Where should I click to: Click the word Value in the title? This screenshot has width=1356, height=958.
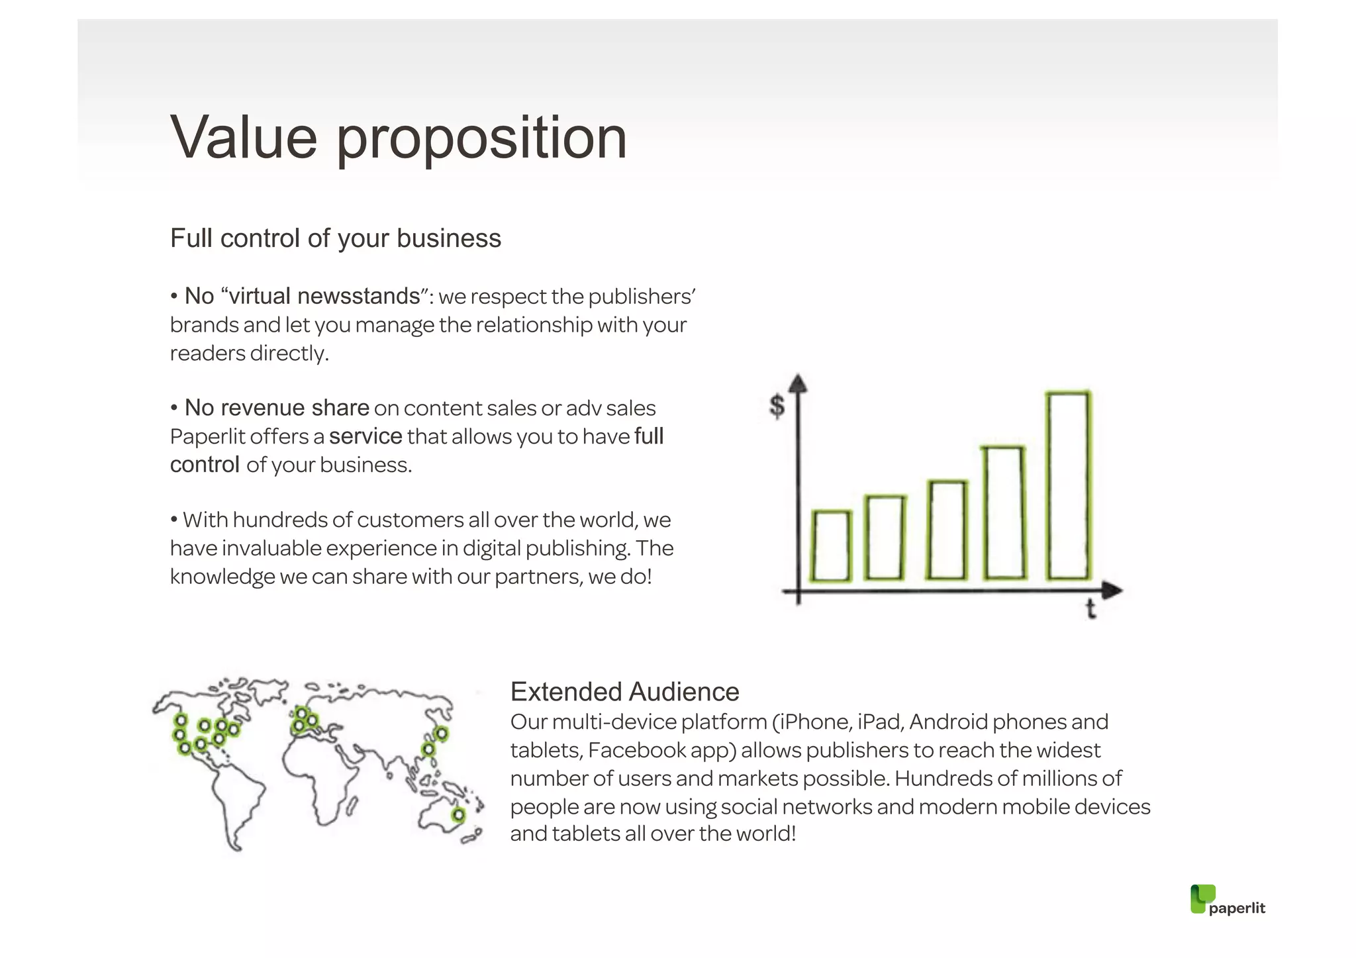[x=244, y=138]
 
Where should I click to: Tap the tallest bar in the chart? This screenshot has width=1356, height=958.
[x=1068, y=485]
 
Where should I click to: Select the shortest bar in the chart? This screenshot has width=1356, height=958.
[x=831, y=546]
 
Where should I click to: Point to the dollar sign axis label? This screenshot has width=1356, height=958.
[x=777, y=405]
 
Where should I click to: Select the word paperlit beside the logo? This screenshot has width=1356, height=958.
[x=1236, y=908]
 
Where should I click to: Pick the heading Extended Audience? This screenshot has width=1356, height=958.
[x=624, y=691]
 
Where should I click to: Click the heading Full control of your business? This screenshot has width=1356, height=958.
[x=335, y=238]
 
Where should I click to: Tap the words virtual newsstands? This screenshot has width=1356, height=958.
[x=324, y=296]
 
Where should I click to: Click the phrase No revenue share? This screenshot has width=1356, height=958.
[x=276, y=408]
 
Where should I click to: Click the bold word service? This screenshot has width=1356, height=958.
[x=365, y=436]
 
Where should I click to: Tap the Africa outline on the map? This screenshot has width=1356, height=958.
[x=318, y=775]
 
